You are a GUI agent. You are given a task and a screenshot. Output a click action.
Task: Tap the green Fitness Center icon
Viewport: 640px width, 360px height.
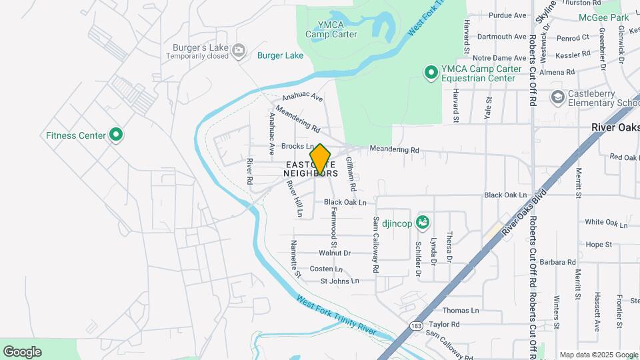point(117,135)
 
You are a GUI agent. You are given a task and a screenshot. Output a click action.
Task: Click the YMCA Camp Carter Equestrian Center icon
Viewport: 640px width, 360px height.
point(431,72)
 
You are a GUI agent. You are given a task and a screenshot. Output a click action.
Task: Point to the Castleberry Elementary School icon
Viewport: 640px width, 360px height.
point(557,98)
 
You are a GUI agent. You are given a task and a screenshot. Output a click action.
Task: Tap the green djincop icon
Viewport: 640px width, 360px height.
point(421,222)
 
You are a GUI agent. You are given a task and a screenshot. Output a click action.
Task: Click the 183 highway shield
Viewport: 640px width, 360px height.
point(416,325)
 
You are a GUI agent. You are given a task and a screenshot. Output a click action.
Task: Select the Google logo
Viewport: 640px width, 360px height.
point(22,352)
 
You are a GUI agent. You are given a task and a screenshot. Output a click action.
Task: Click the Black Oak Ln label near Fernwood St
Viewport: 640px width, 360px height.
point(345,202)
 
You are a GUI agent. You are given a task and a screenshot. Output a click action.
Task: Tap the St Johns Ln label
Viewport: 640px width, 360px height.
point(339,281)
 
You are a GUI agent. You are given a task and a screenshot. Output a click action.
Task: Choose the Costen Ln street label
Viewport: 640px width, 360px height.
point(326,269)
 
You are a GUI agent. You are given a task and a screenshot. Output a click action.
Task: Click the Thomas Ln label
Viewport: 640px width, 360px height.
point(461,311)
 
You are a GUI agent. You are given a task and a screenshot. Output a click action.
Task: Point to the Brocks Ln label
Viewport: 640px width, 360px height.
point(297,146)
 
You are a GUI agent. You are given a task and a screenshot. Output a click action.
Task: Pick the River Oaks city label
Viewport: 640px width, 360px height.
point(615,127)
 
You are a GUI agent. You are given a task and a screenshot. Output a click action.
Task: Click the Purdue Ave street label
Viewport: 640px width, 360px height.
point(507,15)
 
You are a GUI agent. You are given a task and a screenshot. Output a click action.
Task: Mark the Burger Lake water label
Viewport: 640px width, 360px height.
point(280,55)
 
